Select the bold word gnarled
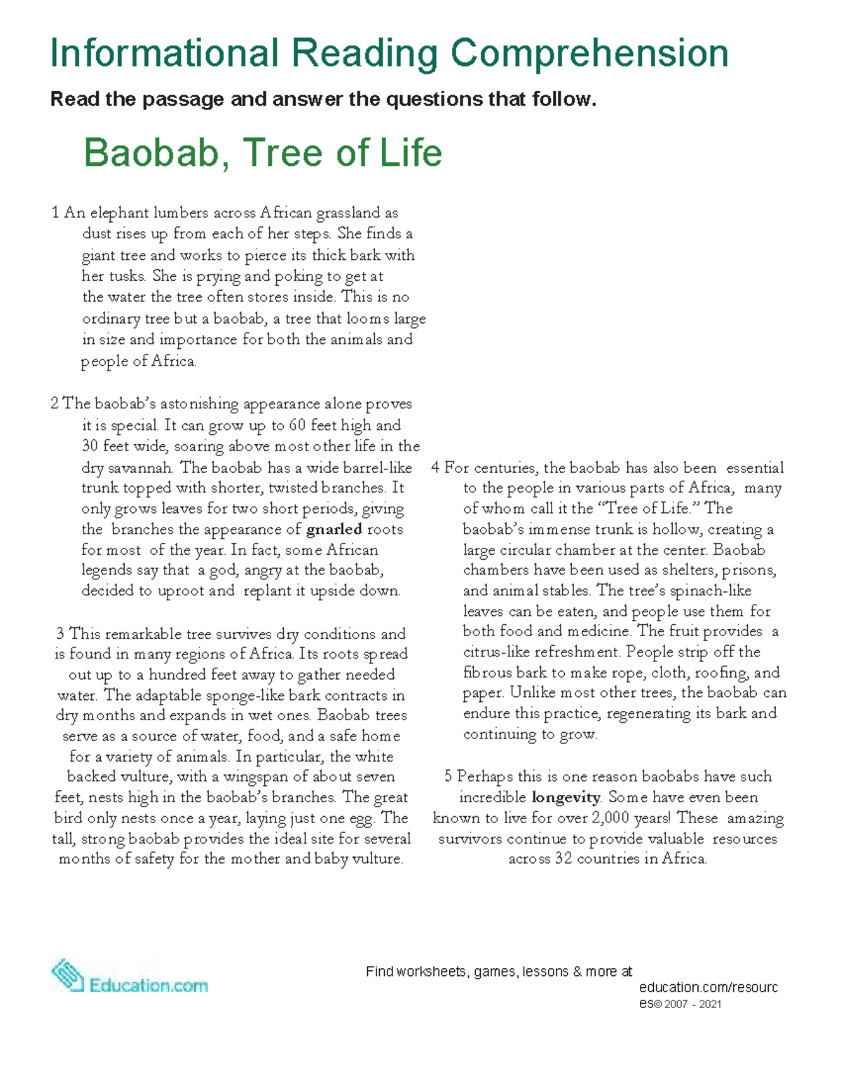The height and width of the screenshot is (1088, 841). tap(334, 529)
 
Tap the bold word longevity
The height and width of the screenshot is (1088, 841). tap(566, 797)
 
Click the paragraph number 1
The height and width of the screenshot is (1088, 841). tap(55, 212)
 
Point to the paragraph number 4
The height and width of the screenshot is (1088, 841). tap(435, 467)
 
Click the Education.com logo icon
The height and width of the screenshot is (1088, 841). tap(68, 975)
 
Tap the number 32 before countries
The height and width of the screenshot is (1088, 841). tap(563, 859)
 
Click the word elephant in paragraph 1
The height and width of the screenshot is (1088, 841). tap(119, 212)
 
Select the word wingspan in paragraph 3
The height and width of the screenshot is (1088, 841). tap(255, 776)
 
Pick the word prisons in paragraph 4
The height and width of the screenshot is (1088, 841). tap(748, 570)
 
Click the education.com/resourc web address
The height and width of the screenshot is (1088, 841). tap(708, 987)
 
